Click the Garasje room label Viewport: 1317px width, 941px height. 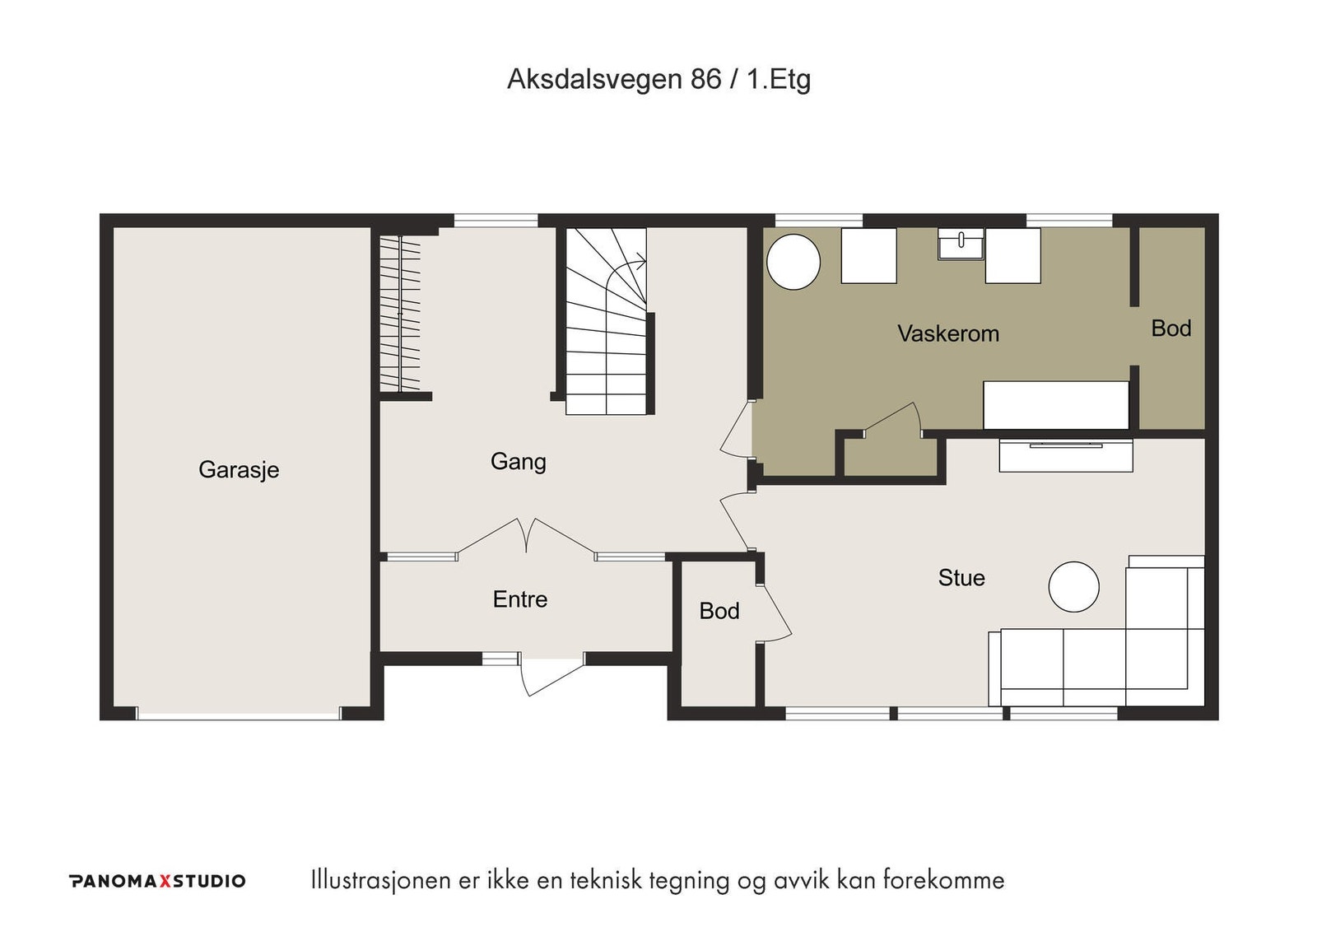coord(239,470)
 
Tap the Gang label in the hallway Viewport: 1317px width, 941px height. coord(518,462)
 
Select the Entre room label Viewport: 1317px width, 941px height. coord(519,599)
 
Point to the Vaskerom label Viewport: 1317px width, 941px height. coord(947,333)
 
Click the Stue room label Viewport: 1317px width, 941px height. coord(961,578)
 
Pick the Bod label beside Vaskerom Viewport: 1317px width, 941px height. coord(1171,328)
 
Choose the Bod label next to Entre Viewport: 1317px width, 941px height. coord(719,611)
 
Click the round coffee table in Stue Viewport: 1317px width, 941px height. coord(1073,586)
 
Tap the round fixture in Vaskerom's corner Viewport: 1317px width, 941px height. coord(793,262)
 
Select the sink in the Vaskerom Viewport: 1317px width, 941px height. coord(961,245)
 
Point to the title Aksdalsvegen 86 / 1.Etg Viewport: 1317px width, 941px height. coord(658,79)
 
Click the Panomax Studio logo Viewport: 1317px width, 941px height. coord(157,881)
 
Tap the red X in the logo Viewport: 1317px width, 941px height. coord(165,881)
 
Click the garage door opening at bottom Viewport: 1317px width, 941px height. coord(239,714)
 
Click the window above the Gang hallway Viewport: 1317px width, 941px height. coord(496,221)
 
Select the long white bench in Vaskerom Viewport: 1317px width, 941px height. coord(1056,405)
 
